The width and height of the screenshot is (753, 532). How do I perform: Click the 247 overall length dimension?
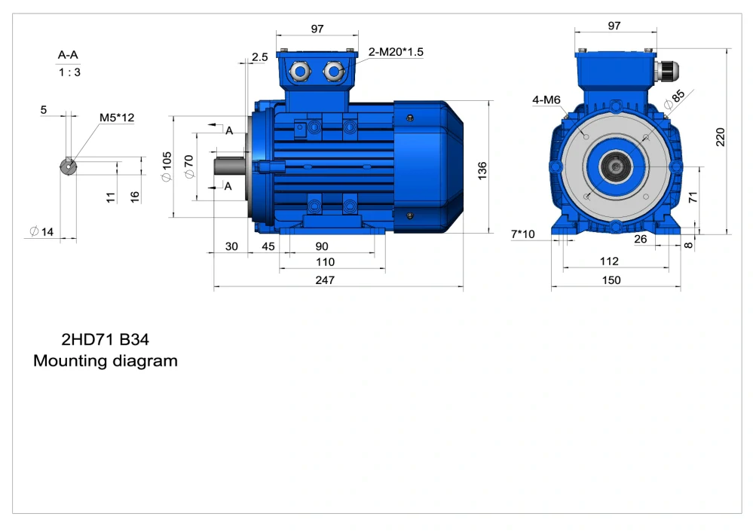[325, 280]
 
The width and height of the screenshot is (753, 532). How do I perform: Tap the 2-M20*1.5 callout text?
[396, 52]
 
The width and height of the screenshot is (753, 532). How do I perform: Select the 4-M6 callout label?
[546, 100]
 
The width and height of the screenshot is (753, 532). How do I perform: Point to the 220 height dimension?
[721, 137]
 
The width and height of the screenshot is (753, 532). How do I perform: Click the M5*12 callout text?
[117, 118]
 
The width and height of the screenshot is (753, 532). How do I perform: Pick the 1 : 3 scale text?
[69, 72]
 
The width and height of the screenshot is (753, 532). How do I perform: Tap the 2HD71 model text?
[88, 339]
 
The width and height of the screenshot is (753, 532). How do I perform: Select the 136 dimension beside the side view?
[482, 170]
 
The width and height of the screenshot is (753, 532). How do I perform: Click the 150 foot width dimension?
[611, 280]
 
